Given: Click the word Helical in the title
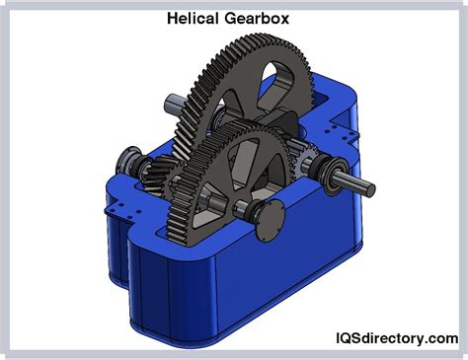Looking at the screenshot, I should click(194, 18).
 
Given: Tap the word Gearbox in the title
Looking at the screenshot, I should click(260, 18).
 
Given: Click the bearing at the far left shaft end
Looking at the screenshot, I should click(125, 162).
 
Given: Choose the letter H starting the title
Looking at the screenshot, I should click(171, 18).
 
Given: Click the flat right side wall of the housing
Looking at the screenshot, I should click(355, 237).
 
